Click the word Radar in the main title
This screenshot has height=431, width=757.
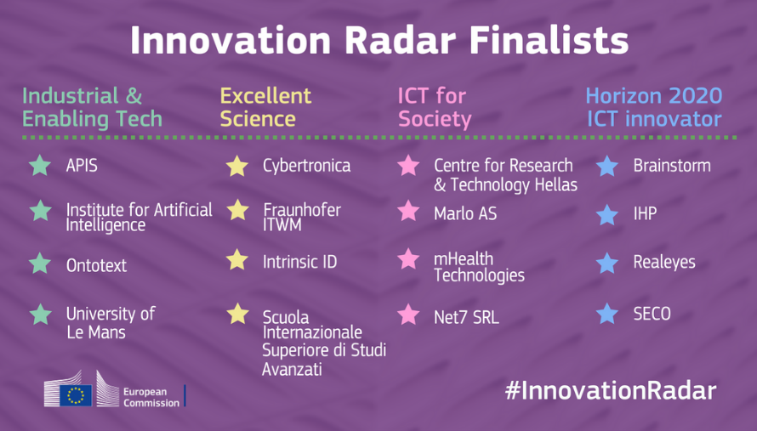[x=401, y=40]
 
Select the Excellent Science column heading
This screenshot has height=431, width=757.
[x=265, y=107]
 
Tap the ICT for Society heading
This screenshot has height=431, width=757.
[x=435, y=108]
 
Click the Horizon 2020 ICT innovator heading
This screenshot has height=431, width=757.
[x=654, y=107]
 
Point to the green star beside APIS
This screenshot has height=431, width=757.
[x=40, y=166]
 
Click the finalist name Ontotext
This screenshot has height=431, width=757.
[x=97, y=265]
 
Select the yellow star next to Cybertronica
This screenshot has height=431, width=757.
[x=237, y=166]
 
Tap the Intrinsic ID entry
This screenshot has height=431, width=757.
[x=299, y=262]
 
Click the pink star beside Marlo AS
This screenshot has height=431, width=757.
[x=408, y=211]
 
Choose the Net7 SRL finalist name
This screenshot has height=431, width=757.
[x=466, y=318]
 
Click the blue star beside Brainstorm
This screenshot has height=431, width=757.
[x=607, y=166]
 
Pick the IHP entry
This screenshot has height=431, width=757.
[x=645, y=213]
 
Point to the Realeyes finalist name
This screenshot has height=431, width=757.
[x=664, y=262]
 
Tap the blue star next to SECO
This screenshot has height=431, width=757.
[x=607, y=313]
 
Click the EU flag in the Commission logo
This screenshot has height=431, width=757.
[x=76, y=395]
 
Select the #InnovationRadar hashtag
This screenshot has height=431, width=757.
[x=611, y=390]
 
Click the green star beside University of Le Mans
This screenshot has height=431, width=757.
[x=41, y=315]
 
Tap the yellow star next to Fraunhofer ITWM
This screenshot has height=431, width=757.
[x=237, y=210]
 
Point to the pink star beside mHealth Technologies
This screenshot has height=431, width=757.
[x=408, y=258]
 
